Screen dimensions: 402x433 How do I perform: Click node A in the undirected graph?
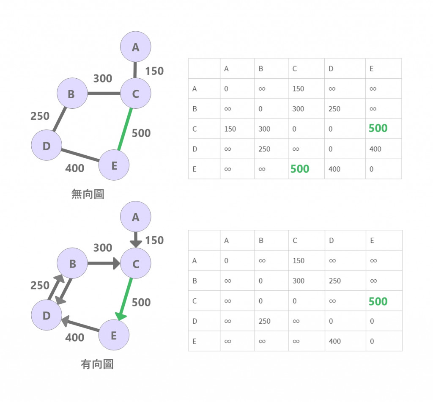tap(135, 47)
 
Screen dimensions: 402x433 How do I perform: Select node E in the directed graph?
tap(114, 336)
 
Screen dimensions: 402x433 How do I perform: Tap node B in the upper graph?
tap(71, 94)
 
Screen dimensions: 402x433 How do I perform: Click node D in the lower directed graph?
tap(47, 316)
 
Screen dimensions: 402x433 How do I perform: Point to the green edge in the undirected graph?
tap(125, 129)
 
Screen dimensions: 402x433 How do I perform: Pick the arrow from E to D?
tap(80, 325)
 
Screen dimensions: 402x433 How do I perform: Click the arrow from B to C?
tap(104, 264)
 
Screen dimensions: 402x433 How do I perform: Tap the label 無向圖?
tap(88, 194)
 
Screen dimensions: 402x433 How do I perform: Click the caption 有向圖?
tap(97, 364)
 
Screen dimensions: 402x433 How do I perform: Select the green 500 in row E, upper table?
tap(300, 169)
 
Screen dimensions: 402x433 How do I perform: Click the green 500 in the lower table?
tap(378, 301)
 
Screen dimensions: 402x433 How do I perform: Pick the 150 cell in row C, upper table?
tap(230, 129)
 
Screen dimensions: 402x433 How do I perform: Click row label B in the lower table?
tap(195, 281)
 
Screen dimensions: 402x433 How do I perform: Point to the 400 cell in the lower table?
tap(334, 341)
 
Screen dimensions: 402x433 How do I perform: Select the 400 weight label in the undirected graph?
tap(74, 168)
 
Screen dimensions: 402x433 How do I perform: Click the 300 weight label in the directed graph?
tap(103, 248)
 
